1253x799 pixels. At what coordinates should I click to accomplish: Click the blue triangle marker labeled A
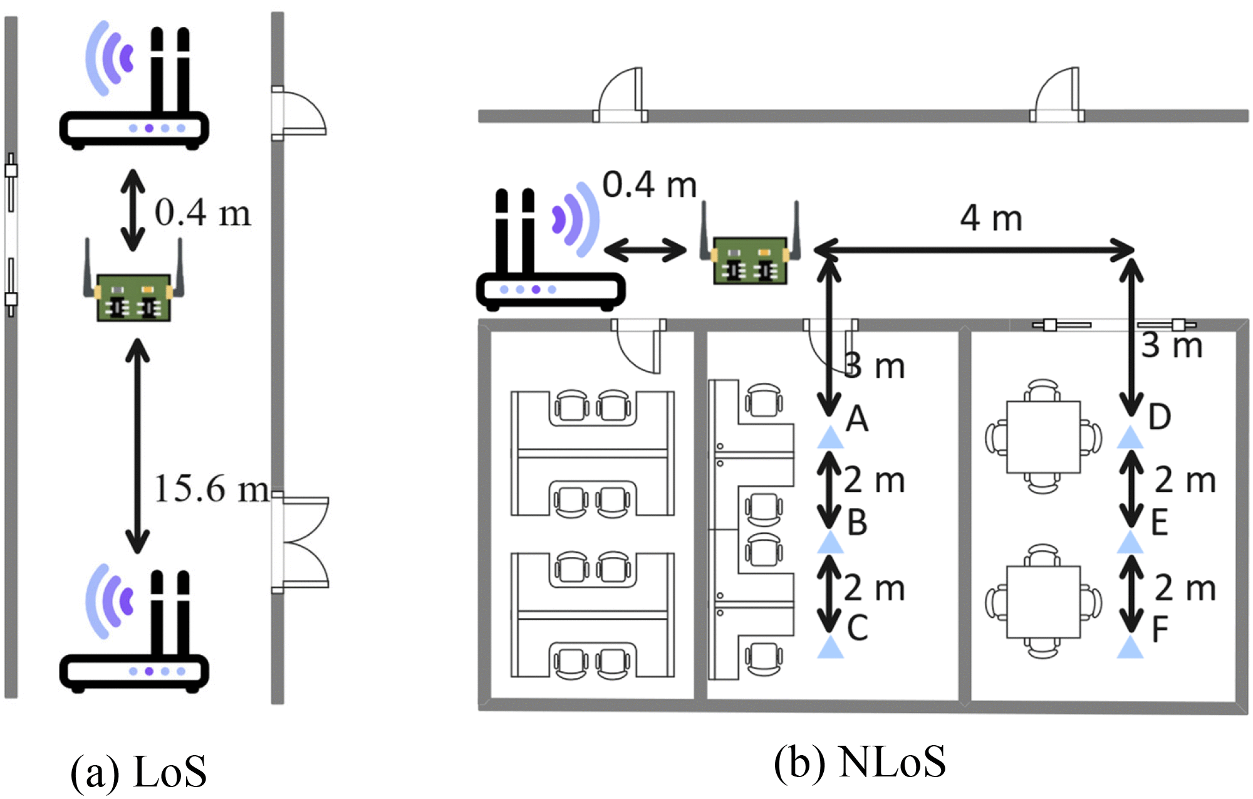click(830, 438)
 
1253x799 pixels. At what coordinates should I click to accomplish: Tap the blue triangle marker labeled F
click(1130, 647)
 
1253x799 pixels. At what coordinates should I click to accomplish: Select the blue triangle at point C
click(830, 647)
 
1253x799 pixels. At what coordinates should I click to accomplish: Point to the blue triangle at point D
click(1130, 438)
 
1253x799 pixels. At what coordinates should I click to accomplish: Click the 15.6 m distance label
click(212, 489)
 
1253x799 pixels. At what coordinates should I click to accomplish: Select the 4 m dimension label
click(991, 218)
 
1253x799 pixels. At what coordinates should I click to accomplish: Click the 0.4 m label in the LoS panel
click(202, 212)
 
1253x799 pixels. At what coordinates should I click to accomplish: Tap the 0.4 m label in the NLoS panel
click(650, 185)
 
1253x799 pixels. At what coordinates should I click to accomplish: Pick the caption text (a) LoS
click(138, 771)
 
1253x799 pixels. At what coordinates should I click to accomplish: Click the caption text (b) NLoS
click(860, 763)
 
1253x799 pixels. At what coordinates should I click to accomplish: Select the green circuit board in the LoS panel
click(133, 296)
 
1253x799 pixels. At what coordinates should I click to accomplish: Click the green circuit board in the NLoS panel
click(750, 259)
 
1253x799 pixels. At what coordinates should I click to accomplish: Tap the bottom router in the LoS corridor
click(134, 633)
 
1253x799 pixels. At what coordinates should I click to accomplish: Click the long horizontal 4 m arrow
click(974, 250)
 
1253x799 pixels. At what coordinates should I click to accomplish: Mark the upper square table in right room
click(1043, 437)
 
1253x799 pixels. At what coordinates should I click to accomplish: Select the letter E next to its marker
click(1160, 522)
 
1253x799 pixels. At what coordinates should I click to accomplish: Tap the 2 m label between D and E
click(1185, 480)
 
